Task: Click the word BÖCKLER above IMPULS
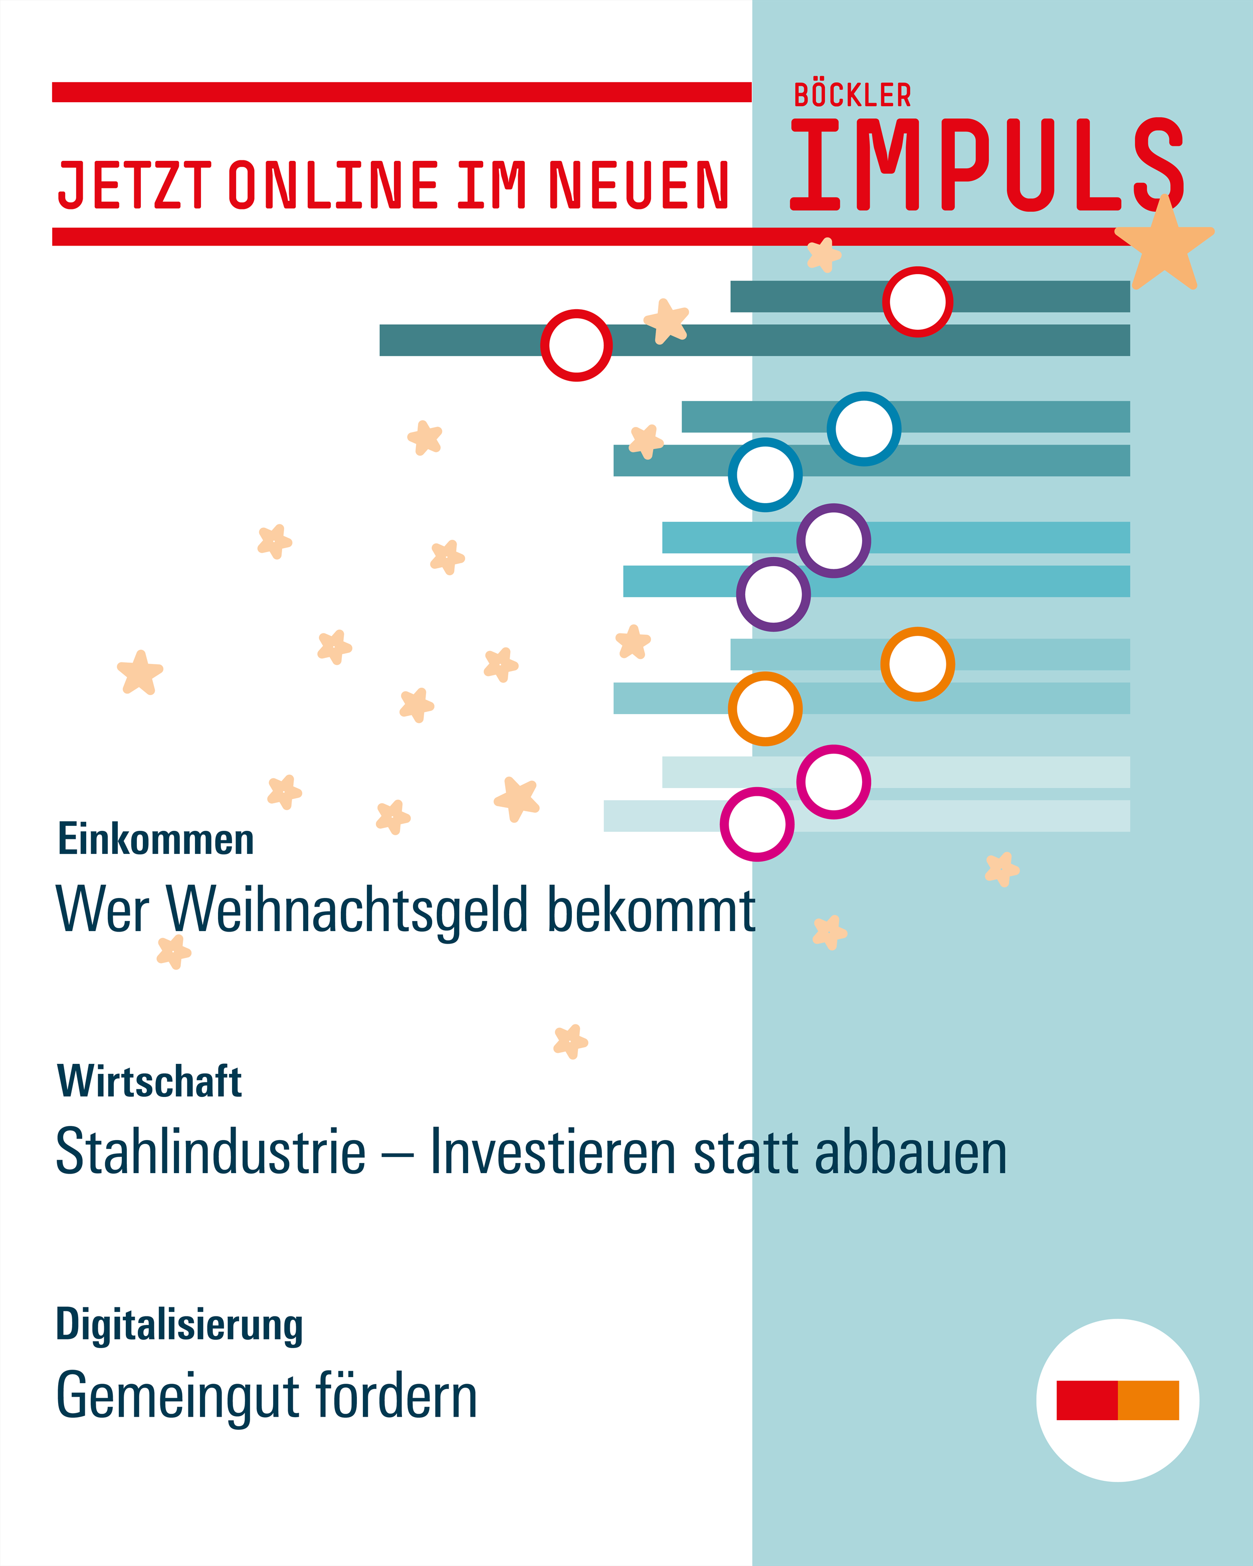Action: [x=852, y=95]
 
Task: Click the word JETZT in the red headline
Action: [x=134, y=185]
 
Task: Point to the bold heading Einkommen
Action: [x=155, y=840]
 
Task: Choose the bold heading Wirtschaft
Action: [x=149, y=1081]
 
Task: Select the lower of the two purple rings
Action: [x=773, y=594]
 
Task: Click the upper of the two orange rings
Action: [x=917, y=664]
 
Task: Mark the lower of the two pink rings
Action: [x=757, y=824]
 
